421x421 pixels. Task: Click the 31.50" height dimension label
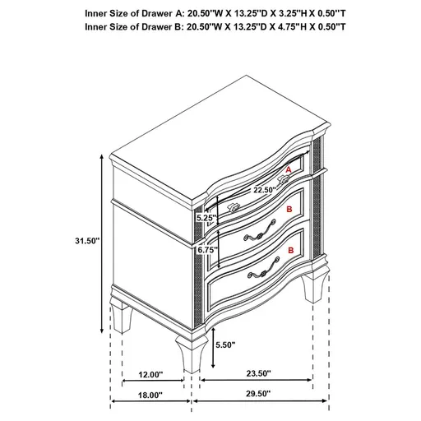tap(86, 240)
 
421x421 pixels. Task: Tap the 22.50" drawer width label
tap(240, 190)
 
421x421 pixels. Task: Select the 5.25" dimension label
tap(205, 219)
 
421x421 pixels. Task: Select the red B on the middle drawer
tap(288, 210)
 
